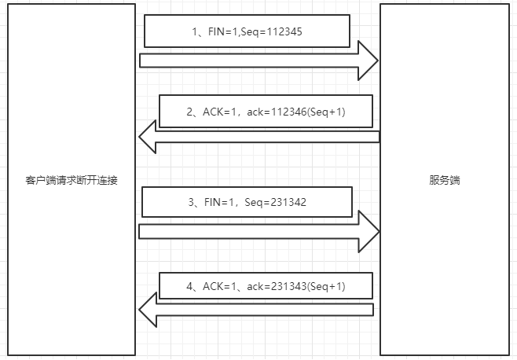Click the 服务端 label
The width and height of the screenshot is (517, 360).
tap(444, 180)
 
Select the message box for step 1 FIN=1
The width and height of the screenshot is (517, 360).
tap(245, 33)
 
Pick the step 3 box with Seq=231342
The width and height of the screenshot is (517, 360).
tap(247, 202)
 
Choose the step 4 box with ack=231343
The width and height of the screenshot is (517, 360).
tap(266, 287)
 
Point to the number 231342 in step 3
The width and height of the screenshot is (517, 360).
tap(281, 202)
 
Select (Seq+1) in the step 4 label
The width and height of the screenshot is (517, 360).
tap(325, 287)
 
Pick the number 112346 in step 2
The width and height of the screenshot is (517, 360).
tap(285, 112)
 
